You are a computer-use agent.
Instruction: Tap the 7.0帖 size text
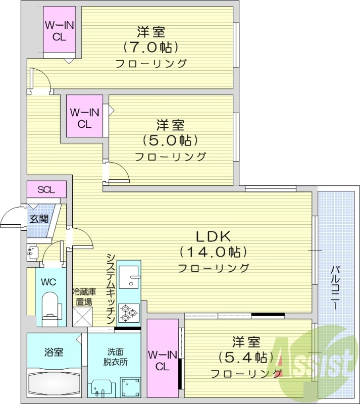151,48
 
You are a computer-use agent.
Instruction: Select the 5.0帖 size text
170,140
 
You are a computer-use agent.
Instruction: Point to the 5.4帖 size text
246,358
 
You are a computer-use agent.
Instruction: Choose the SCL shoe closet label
46,189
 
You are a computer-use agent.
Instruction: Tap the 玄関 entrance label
38,219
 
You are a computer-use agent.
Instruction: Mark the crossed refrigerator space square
82,316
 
